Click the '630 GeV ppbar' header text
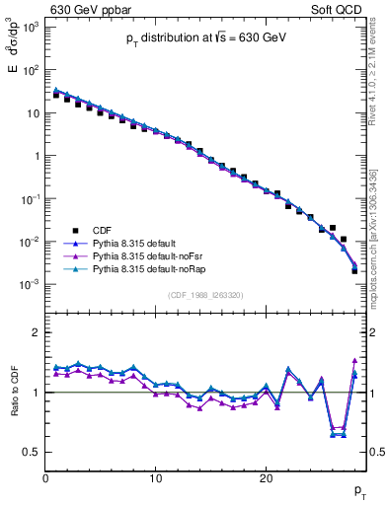89,10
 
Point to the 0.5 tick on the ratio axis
32,452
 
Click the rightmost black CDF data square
354,270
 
